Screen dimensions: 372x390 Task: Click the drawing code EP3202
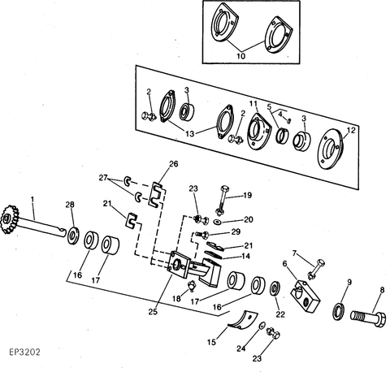tap(28, 354)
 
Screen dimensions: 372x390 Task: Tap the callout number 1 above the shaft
tap(32, 200)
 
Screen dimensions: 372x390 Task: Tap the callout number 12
tap(350, 131)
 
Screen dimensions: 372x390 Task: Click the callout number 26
tap(172, 165)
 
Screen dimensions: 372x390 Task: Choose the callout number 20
tap(248, 219)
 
